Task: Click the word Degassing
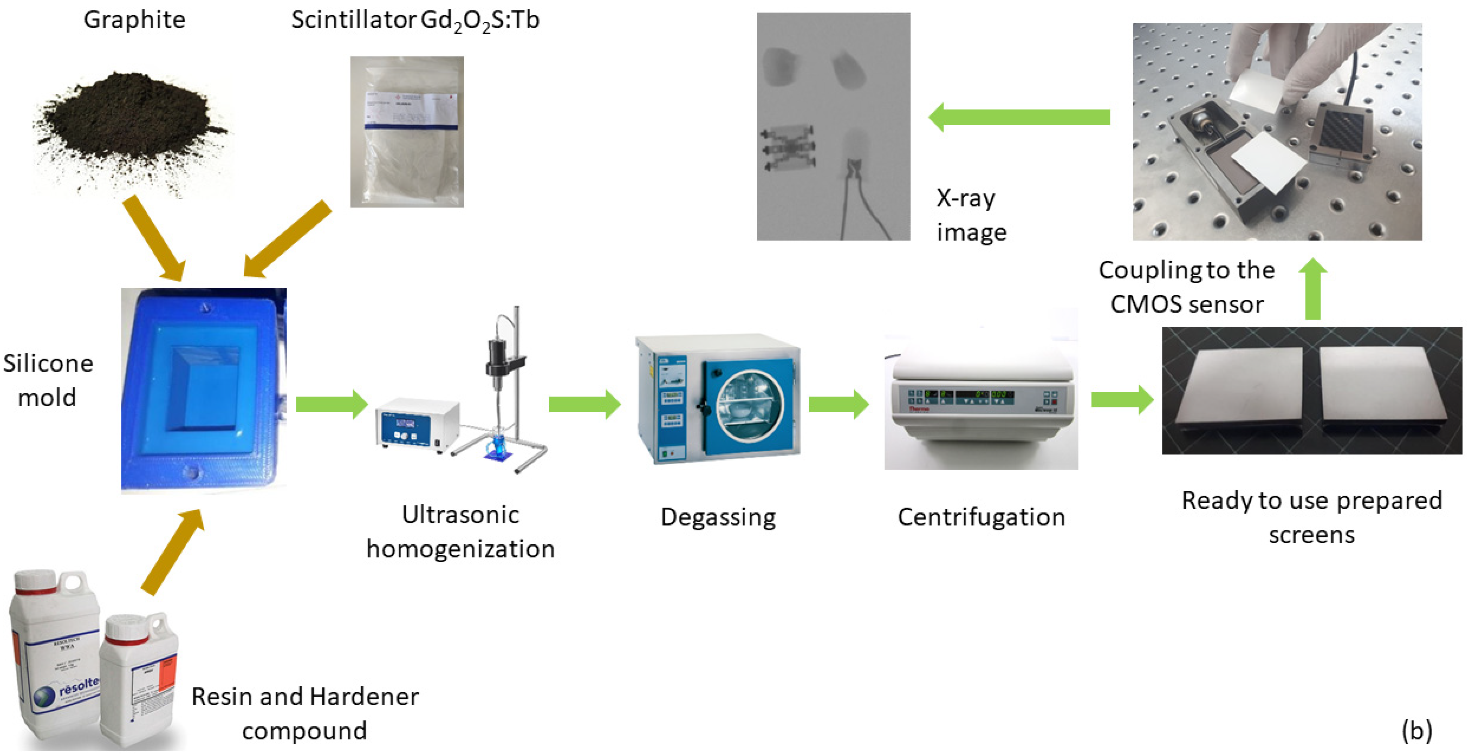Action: point(718,517)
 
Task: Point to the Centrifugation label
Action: point(981,517)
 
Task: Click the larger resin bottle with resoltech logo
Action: point(54,655)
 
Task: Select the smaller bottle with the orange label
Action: point(139,680)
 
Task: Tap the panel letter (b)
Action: point(1417,731)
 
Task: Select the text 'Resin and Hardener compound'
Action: point(305,713)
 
